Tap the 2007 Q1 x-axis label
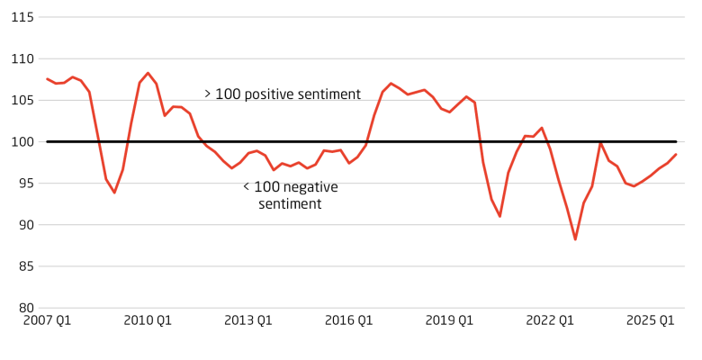pos(47,320)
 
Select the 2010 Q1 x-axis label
pos(148,320)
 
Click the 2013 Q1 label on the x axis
pos(248,320)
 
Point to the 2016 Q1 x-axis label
pos(349,320)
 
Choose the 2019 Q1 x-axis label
pos(450,320)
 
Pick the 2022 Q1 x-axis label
pos(551,320)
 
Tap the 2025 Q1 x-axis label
pos(651,320)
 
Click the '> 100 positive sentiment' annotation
pos(282,94)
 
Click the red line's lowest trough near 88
pos(575,239)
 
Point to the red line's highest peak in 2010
pos(148,73)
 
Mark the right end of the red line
pos(676,154)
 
